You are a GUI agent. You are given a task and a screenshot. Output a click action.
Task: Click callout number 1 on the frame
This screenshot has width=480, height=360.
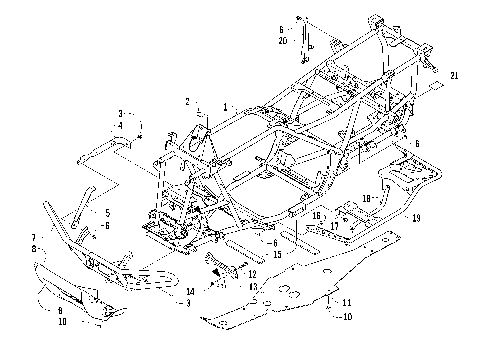click(x=226, y=106)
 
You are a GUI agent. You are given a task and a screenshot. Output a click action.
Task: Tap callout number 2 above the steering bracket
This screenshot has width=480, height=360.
click(x=186, y=102)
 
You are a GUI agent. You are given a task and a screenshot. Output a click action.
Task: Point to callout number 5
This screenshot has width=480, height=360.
click(x=107, y=213)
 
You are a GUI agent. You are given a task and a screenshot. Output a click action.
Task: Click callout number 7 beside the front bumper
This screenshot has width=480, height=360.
click(x=33, y=238)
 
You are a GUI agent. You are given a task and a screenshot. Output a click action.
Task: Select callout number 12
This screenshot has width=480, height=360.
click(x=252, y=274)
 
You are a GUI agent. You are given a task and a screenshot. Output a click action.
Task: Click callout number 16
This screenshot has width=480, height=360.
click(x=317, y=215)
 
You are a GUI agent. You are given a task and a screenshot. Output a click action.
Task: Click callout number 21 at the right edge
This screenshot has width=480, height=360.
click(x=455, y=76)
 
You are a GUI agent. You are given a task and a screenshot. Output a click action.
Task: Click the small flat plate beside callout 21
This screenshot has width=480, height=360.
click(x=432, y=88)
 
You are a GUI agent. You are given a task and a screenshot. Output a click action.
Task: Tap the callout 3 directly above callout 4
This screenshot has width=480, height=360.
click(x=121, y=114)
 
